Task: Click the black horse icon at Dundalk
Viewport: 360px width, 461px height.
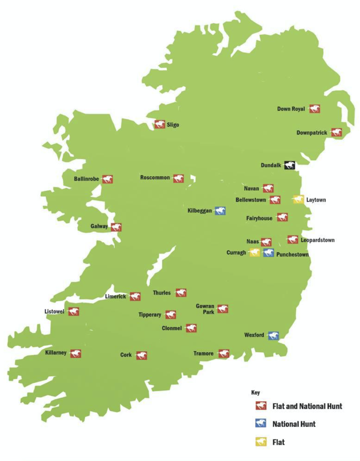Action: [290, 165]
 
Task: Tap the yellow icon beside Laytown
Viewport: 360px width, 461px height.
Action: [299, 199]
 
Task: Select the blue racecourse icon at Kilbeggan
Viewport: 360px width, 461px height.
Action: [220, 211]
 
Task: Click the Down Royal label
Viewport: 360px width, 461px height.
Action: [291, 109]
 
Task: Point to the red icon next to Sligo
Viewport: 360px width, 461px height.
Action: [160, 124]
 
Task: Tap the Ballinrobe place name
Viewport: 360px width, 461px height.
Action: [86, 179]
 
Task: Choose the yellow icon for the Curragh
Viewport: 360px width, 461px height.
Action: [255, 252]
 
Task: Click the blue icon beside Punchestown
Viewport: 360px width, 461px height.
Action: [268, 253]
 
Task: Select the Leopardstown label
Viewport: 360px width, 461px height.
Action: [318, 240]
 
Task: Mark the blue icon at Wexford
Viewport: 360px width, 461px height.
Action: [273, 336]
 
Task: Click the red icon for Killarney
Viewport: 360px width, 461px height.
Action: [76, 353]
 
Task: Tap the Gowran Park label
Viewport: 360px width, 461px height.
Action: [205, 309]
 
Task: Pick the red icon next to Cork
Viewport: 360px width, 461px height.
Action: [142, 355]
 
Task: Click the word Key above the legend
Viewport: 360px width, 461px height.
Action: [255, 392]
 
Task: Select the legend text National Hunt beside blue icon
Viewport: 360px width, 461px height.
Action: [294, 424]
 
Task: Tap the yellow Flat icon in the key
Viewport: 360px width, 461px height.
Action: [261, 442]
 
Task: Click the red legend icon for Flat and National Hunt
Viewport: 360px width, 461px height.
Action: [261, 406]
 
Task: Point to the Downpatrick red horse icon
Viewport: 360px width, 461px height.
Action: [336, 132]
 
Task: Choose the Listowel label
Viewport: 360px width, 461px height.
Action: [54, 311]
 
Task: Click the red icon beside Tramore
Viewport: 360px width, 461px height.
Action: [224, 353]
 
